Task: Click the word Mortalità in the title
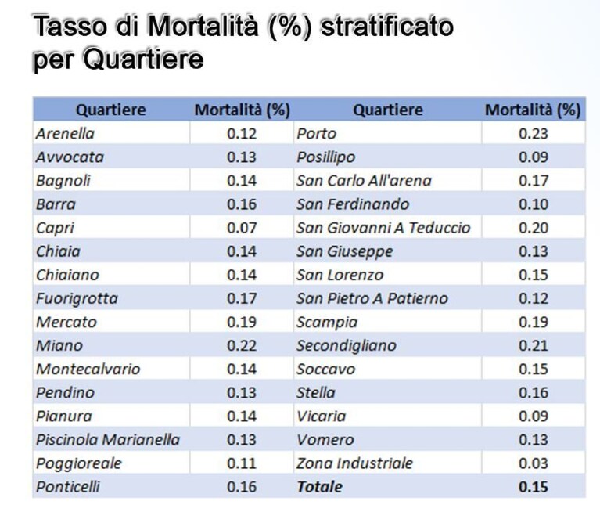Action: pos(203,26)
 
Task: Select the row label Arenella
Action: pos(65,134)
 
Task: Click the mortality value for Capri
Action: pos(242,228)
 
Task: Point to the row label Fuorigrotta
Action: pos(77,299)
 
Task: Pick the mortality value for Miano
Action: pos(242,346)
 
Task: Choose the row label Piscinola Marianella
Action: pos(108,440)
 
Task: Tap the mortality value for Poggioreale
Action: pos(242,463)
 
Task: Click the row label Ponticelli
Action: pos(68,487)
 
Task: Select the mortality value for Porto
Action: pos(534,134)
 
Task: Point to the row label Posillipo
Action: pos(326,157)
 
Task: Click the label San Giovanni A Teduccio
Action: pos(383,228)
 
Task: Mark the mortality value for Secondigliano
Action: pos(534,346)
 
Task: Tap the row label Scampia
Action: pos(327,323)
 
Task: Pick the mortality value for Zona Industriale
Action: pos(534,463)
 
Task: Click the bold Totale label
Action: pos(320,487)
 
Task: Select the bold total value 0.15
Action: pos(534,487)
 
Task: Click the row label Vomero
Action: pos(325,440)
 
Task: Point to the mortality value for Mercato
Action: pos(242,323)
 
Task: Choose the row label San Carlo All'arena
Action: pos(365,181)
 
